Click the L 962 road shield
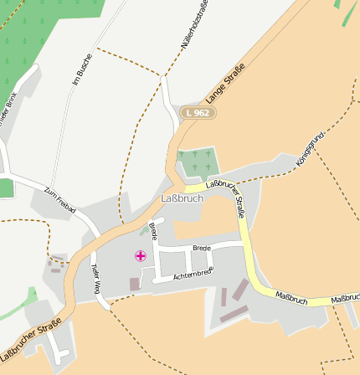(197, 112)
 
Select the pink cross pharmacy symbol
(140, 256)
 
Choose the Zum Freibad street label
(59, 198)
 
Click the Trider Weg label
(96, 282)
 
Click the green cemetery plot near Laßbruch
(198, 162)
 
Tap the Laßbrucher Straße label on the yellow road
(229, 198)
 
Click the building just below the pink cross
(135, 285)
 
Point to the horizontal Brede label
(201, 249)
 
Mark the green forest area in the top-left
(42, 38)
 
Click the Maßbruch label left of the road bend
(292, 299)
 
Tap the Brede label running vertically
(153, 231)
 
